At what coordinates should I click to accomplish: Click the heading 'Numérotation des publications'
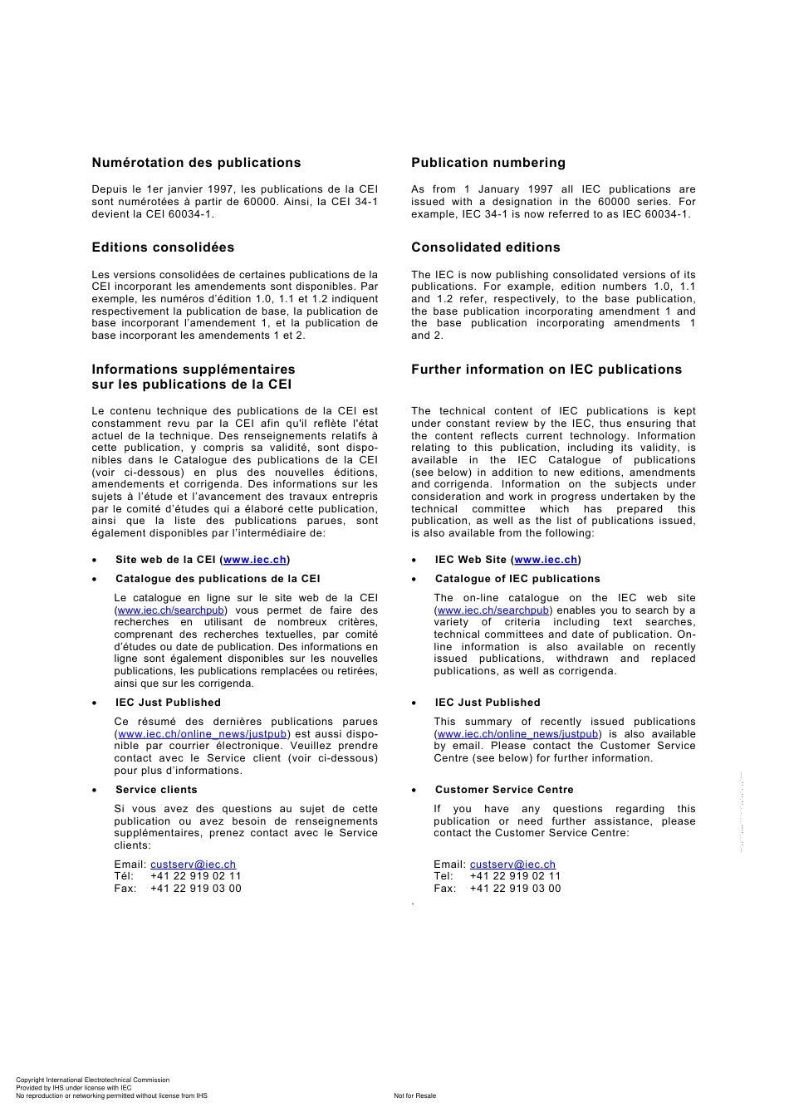coord(196,163)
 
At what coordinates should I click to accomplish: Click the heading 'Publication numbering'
coord(488,163)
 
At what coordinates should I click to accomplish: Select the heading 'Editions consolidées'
coord(163,247)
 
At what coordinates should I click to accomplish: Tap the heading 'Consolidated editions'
coord(486,247)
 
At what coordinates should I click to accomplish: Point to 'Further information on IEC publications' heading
coord(546,370)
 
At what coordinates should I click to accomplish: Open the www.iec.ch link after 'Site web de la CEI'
coord(255,560)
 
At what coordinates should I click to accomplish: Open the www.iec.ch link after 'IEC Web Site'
coord(546,560)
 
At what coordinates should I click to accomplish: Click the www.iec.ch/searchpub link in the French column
coord(170,610)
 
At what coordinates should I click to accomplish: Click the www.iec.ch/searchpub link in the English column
coord(493,610)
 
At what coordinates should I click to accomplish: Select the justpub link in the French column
coord(203,734)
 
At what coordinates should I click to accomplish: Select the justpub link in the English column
coord(517,734)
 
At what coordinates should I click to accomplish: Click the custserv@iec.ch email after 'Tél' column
coord(193,865)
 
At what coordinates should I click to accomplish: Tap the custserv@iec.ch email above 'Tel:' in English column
coord(512,865)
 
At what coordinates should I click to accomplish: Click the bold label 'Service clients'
coord(156,790)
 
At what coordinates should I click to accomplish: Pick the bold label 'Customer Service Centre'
coord(504,790)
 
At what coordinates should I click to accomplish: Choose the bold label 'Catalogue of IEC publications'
coord(517,579)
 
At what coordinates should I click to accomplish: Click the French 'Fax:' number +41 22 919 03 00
coord(196,889)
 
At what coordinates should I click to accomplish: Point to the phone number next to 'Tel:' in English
coord(515,876)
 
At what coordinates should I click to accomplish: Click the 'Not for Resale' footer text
coord(414,1095)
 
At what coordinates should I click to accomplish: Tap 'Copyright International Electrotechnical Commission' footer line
coord(92,1080)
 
